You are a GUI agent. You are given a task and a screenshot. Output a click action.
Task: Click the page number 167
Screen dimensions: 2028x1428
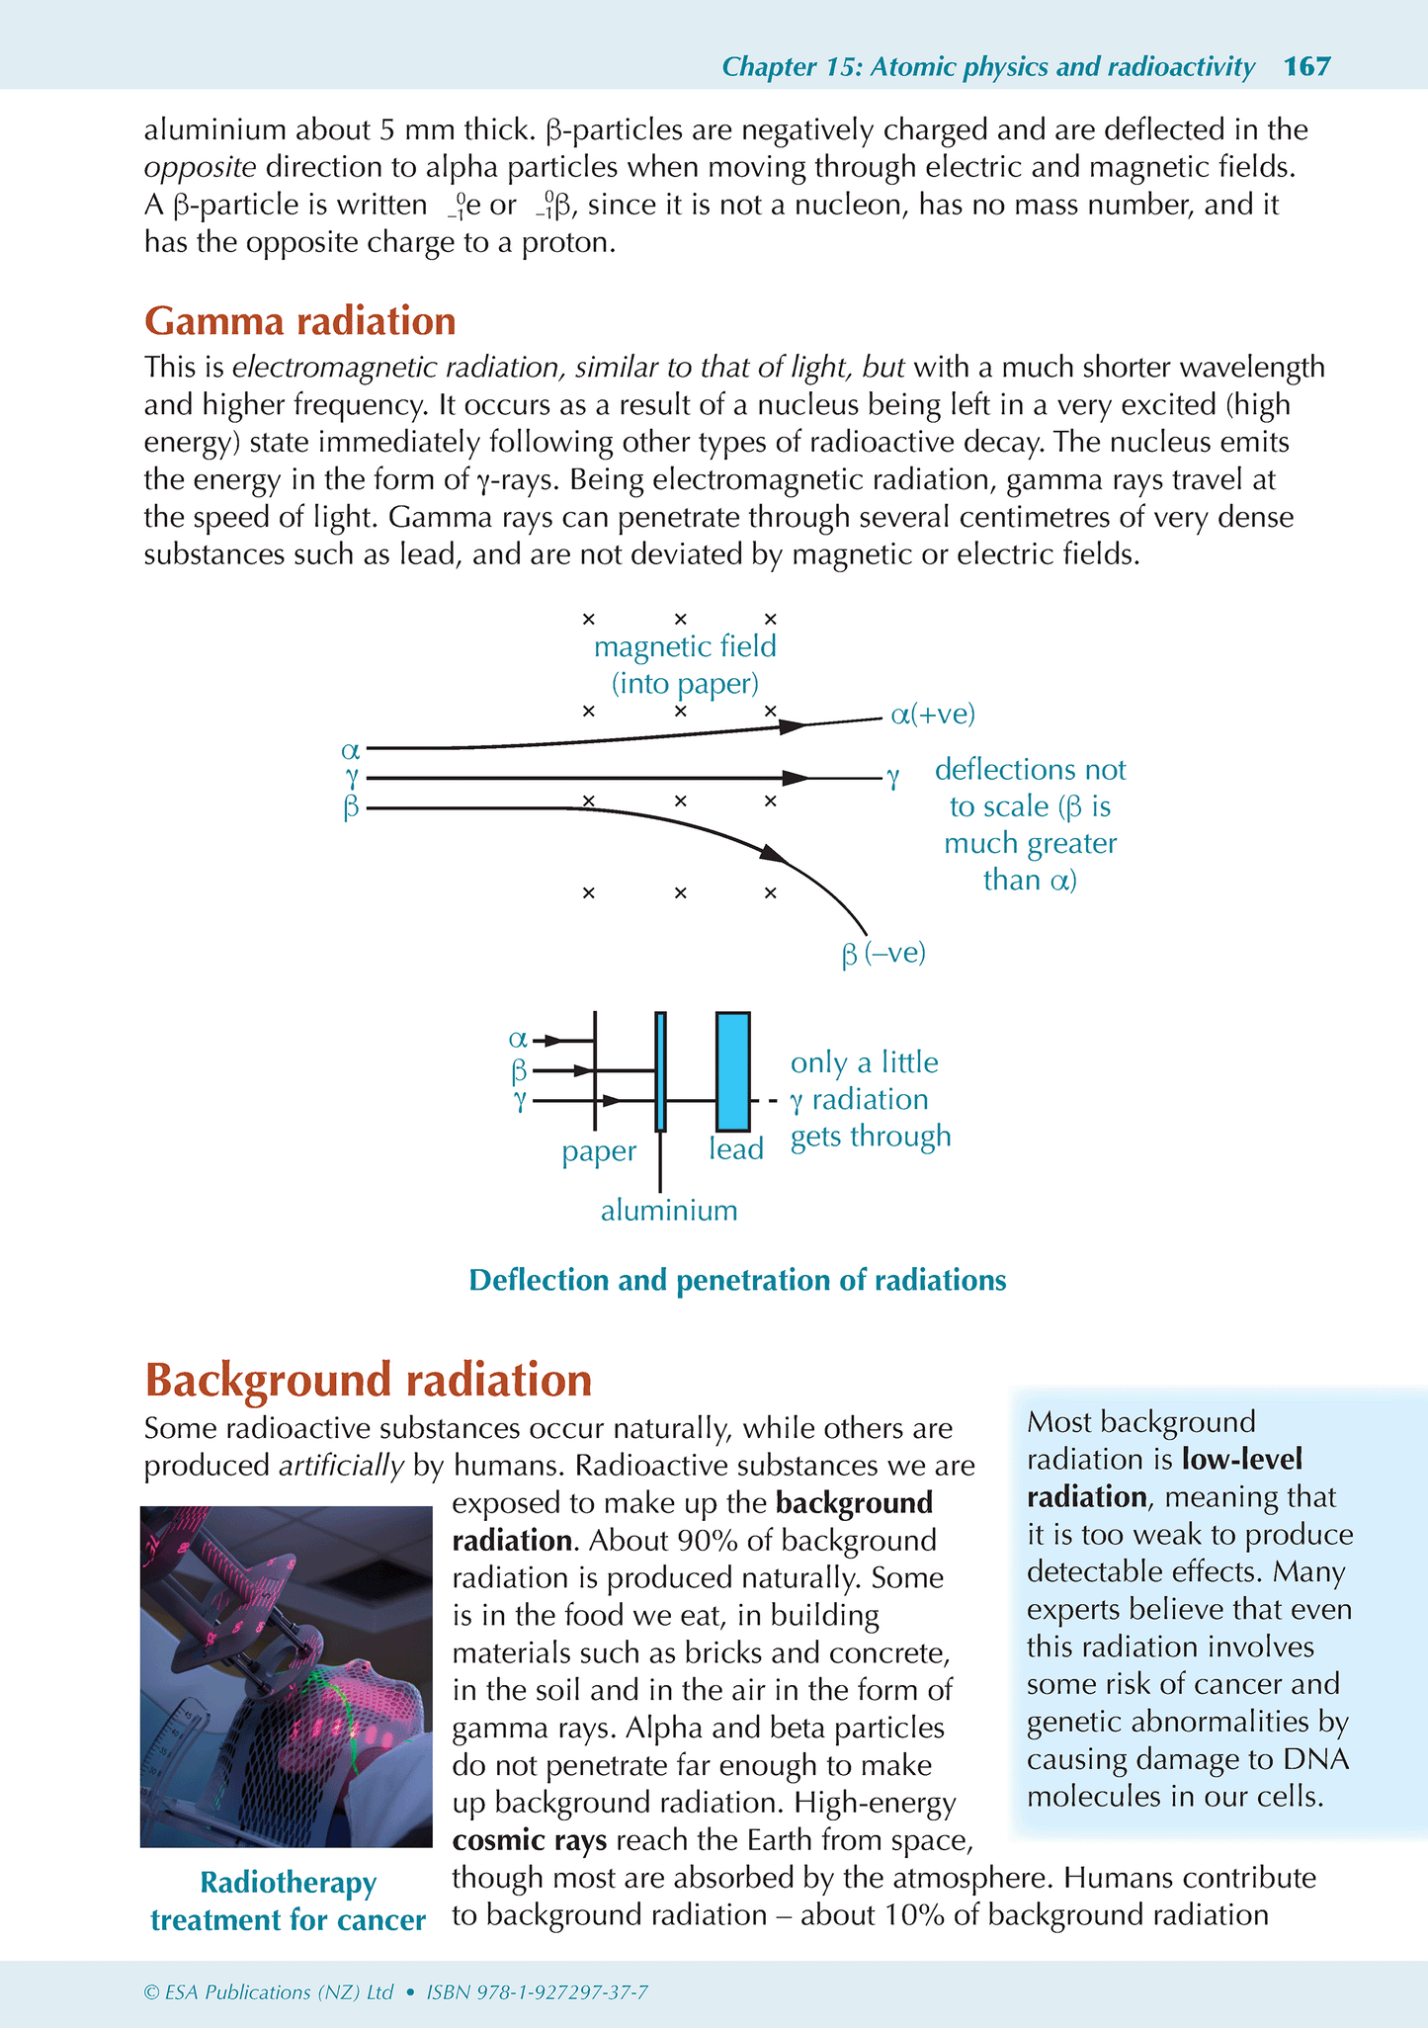pos(1306,67)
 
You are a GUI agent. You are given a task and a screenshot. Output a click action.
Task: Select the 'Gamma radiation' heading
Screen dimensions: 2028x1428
pos(299,322)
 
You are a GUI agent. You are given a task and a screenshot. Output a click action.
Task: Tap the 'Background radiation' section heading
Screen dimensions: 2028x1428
pos(368,1380)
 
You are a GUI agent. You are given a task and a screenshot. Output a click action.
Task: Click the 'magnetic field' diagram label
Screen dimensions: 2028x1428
pos(685,647)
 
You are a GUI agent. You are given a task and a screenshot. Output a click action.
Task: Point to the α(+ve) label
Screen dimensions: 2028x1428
pos(932,715)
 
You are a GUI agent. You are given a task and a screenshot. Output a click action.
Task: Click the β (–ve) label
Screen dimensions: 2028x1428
pos(882,954)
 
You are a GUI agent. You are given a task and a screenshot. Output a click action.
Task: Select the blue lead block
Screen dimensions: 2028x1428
pos(732,1070)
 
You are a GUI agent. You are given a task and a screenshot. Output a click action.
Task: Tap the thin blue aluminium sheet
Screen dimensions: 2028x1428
pos(660,1070)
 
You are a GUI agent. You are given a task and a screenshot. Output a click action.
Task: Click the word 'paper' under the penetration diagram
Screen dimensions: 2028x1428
pos(599,1151)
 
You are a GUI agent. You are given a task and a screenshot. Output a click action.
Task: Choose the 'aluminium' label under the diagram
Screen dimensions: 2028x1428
pos(669,1211)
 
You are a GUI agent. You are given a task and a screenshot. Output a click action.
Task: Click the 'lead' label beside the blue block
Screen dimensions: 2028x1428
pos(736,1149)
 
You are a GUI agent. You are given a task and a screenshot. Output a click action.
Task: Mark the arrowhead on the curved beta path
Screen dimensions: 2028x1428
pos(774,854)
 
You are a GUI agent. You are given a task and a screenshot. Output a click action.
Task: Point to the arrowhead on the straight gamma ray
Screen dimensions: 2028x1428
pos(795,779)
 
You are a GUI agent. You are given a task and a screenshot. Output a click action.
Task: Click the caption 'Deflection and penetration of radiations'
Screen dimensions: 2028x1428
pos(737,1281)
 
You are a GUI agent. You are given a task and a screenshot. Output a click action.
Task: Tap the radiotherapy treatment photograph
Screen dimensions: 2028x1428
pos(287,1676)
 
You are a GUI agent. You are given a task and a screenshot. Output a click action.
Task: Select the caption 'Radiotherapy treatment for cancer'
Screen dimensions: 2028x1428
pos(288,1901)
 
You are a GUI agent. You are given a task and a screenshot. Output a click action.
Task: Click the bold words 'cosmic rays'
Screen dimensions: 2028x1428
pos(530,1841)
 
